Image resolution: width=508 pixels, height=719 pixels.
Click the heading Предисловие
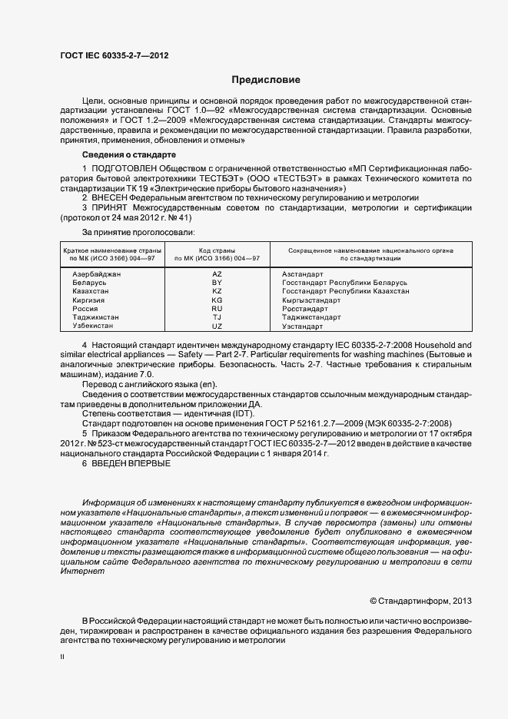(x=266, y=80)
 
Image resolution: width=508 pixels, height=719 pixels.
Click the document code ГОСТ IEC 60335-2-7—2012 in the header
(x=114, y=55)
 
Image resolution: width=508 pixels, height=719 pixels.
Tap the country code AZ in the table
(x=216, y=274)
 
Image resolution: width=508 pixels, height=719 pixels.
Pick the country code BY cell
(x=216, y=283)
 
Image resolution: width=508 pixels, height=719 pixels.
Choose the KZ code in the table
(x=216, y=291)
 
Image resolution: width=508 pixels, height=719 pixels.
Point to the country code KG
(x=216, y=300)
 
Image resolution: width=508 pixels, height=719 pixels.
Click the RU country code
(x=216, y=309)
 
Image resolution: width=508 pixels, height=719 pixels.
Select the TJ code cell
(x=216, y=317)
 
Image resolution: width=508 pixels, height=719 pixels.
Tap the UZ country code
(x=216, y=326)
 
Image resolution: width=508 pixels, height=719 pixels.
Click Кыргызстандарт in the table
(x=311, y=300)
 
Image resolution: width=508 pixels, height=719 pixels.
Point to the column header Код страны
(x=216, y=250)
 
